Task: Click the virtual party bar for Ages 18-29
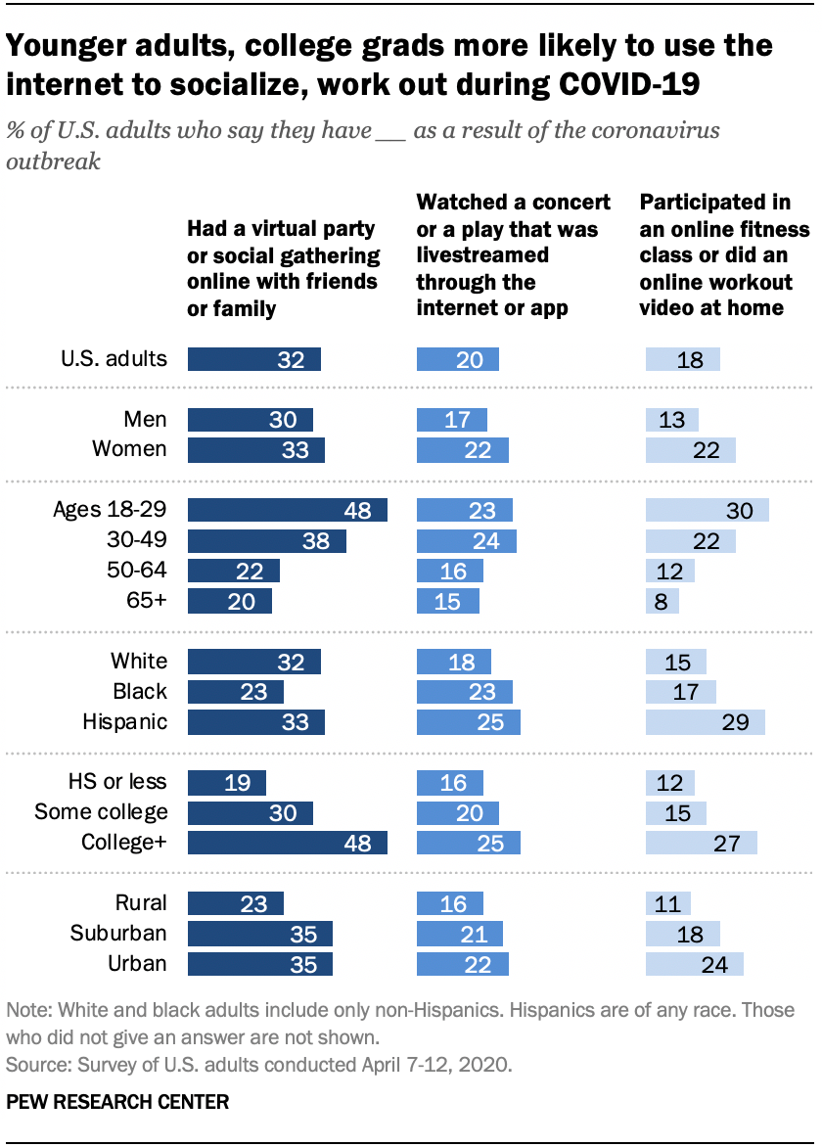click(287, 511)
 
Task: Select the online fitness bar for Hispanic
click(705, 722)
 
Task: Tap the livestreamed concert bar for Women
click(462, 449)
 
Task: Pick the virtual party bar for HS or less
click(226, 782)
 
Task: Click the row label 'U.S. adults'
click(114, 359)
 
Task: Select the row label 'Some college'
click(101, 812)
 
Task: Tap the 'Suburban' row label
click(116, 934)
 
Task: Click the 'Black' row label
click(140, 692)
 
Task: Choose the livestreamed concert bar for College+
click(468, 843)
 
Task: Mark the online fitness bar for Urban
click(695, 964)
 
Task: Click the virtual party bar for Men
click(250, 420)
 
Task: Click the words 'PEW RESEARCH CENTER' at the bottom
click(117, 1102)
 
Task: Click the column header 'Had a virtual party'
click(283, 269)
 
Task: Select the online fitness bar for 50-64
click(670, 571)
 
